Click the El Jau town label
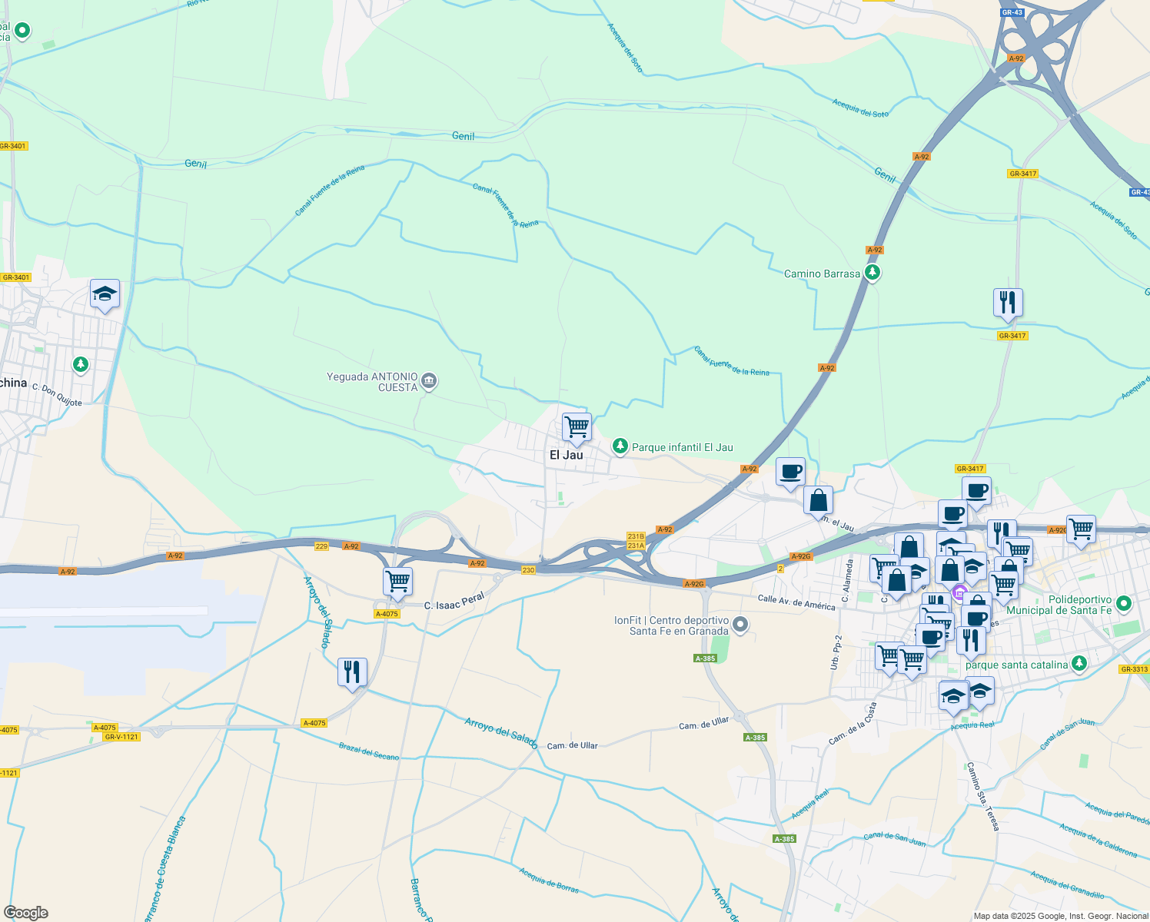pyautogui.click(x=566, y=455)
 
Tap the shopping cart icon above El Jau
pyautogui.click(x=577, y=426)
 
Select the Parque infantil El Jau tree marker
pyautogui.click(x=620, y=446)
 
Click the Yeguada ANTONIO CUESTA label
pyautogui.click(x=372, y=382)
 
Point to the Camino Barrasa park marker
pyautogui.click(x=872, y=273)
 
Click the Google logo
pyautogui.click(x=26, y=913)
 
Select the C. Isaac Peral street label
pyautogui.click(x=454, y=601)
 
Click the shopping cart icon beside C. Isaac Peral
pyautogui.click(x=397, y=582)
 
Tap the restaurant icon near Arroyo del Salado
pyautogui.click(x=352, y=672)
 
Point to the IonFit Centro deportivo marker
pyautogui.click(x=740, y=625)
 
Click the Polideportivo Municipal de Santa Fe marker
pyautogui.click(x=1124, y=604)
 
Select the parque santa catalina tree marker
pyautogui.click(x=1079, y=663)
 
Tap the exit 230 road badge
pyautogui.click(x=528, y=570)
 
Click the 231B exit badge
pyautogui.click(x=636, y=536)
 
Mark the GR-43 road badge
pyautogui.click(x=1012, y=12)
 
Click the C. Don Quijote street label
pyautogui.click(x=57, y=395)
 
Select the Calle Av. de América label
pyautogui.click(x=796, y=602)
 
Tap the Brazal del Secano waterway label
pyautogui.click(x=369, y=751)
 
